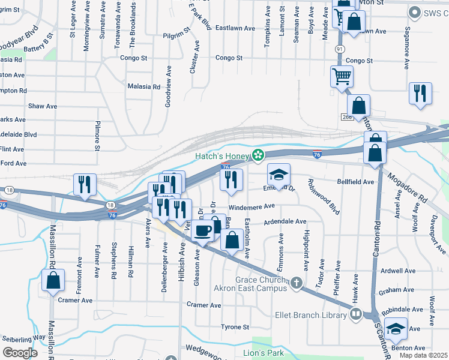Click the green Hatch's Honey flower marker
pos(258,156)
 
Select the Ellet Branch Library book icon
pos(356,314)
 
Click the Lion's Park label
pos(263,353)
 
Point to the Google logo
pos(20,353)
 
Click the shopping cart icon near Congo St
pos(341,76)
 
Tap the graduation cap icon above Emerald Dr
pos(279,174)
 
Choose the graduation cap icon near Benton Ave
pos(396,329)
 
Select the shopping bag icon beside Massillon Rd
pos(53,280)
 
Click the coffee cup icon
pos(203,230)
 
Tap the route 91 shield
pos(340,49)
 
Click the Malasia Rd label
pos(143,86)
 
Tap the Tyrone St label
pos(235,327)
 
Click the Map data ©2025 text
pos(424,355)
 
